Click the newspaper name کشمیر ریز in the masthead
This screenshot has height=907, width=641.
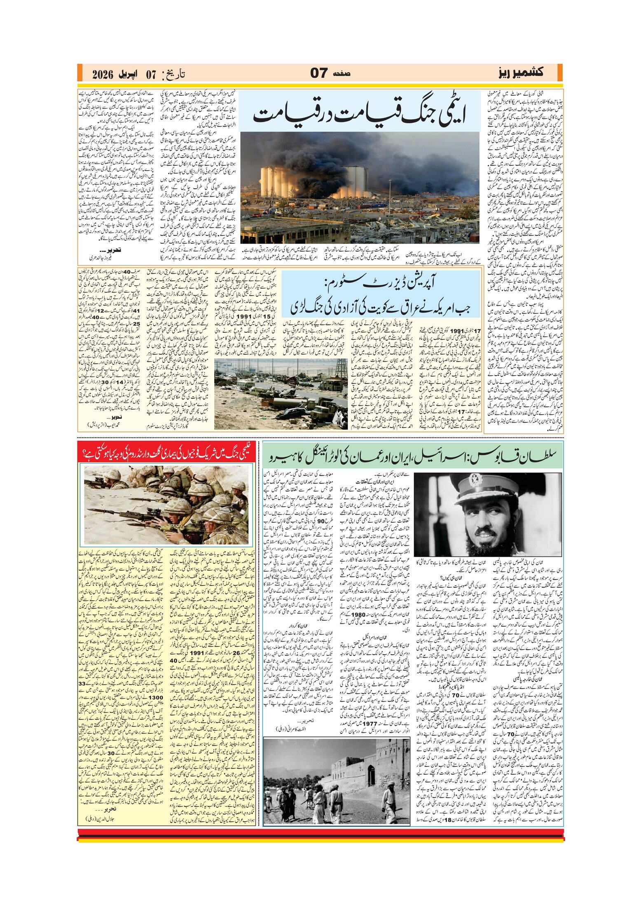coord(521,73)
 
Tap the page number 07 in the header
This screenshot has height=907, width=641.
coord(319,73)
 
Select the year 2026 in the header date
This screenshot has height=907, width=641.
coord(103,75)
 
